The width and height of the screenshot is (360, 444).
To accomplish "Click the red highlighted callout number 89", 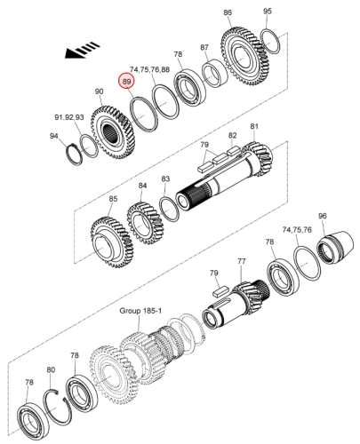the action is pos(126,81).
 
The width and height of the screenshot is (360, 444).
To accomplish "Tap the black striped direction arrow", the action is pos(82,51).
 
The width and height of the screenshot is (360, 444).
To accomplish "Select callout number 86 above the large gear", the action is pos(228,12).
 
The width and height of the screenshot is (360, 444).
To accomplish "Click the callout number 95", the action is pos(268,12).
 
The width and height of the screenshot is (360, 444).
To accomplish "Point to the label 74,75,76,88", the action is pos(150,69).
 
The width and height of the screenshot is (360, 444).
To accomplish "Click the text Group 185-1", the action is pos(140,311).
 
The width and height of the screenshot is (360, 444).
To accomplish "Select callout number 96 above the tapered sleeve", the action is pos(323,216).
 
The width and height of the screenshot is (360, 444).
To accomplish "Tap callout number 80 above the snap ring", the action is pos(51,369).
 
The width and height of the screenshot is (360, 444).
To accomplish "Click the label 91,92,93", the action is pos(69,117).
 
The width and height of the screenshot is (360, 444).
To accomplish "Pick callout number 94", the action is pos(54,136).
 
